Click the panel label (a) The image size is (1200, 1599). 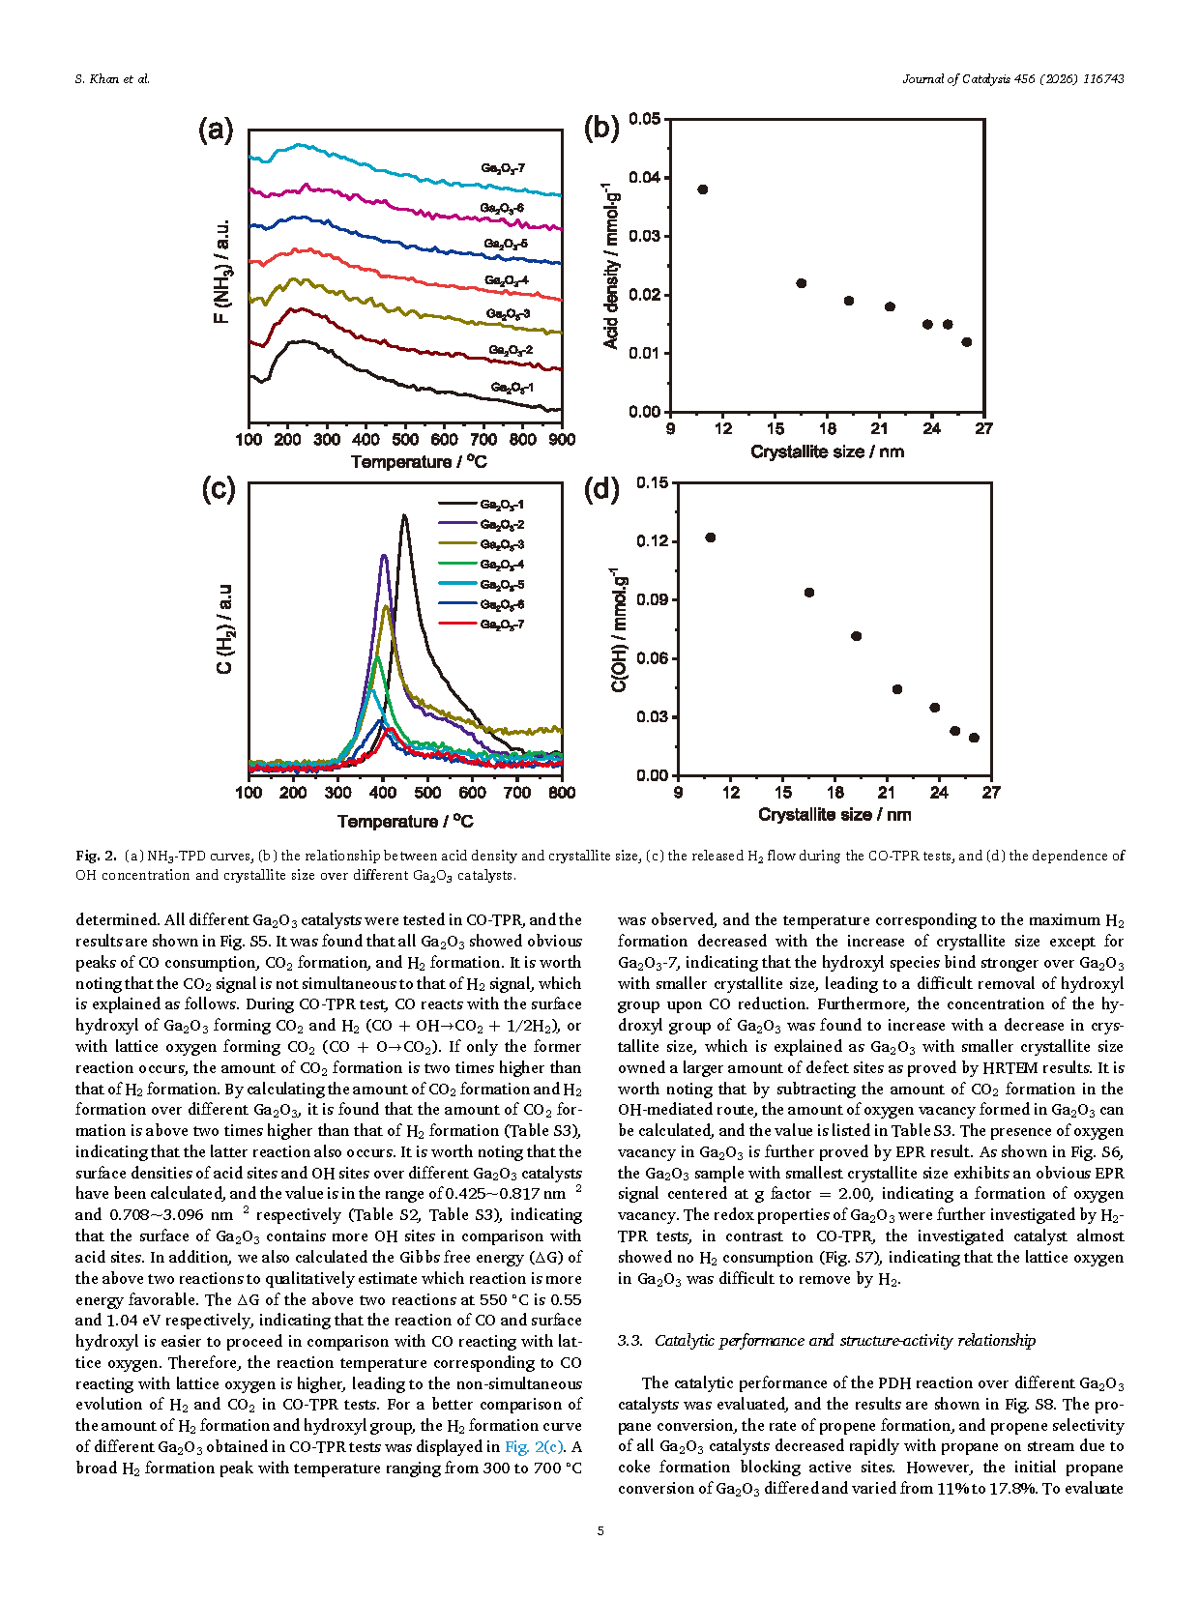[x=216, y=130]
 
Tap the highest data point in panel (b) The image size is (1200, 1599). [x=703, y=189]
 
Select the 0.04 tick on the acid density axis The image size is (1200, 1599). [x=644, y=178]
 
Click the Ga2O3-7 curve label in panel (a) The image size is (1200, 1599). [x=503, y=168]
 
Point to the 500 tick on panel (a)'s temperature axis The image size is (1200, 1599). [x=405, y=440]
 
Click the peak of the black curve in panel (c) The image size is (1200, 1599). [x=404, y=516]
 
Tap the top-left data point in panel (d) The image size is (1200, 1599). [x=711, y=538]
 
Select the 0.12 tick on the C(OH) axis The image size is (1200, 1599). [x=652, y=541]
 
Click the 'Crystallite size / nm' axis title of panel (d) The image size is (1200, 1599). [x=834, y=815]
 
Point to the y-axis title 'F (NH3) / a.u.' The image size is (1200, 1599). [x=221, y=272]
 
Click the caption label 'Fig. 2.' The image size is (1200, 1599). [x=96, y=856]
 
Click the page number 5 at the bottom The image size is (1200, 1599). [x=600, y=1531]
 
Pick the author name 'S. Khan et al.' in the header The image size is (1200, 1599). [x=112, y=79]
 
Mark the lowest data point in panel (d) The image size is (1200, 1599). [x=974, y=738]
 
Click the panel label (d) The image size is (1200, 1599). [x=601, y=489]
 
